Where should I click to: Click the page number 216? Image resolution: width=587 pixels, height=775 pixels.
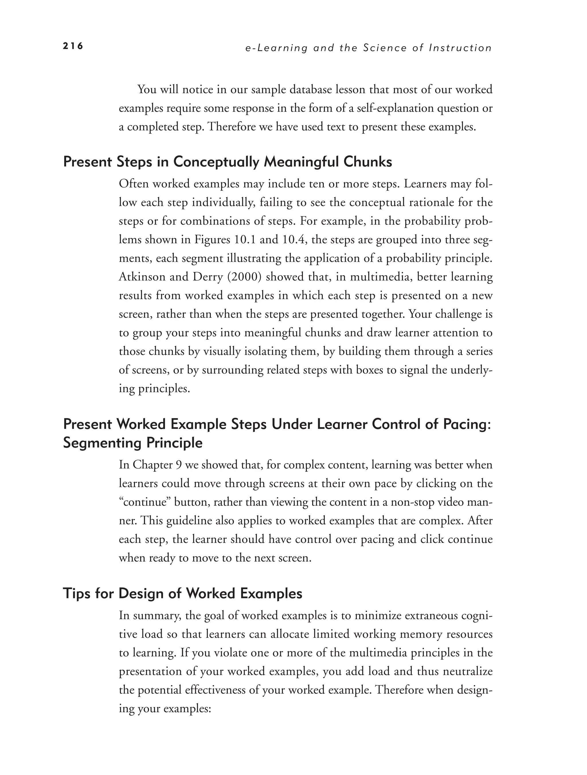[73, 46]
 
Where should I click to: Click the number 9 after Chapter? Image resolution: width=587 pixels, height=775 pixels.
[178, 465]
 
